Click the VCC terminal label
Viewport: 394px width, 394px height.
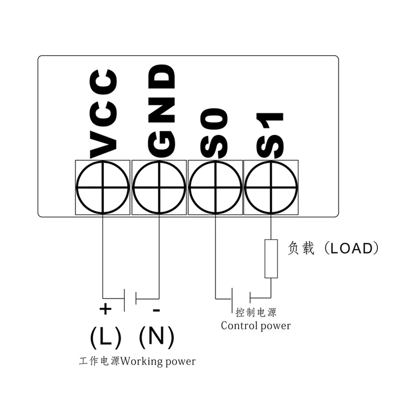point(103,114)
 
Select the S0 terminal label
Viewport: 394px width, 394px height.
point(215,132)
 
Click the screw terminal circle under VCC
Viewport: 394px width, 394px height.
point(102,187)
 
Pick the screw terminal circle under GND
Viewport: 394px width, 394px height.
point(159,187)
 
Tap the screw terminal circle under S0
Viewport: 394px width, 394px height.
point(215,187)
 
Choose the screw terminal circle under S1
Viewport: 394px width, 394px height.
point(271,187)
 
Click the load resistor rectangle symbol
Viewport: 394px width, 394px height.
point(271,258)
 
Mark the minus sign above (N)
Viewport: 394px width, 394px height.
point(156,310)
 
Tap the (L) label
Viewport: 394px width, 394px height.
point(105,337)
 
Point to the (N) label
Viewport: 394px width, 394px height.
point(156,337)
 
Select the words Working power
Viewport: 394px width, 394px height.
point(158,361)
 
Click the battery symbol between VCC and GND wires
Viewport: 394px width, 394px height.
point(130,298)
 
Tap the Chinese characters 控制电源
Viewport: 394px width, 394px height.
point(256,313)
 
